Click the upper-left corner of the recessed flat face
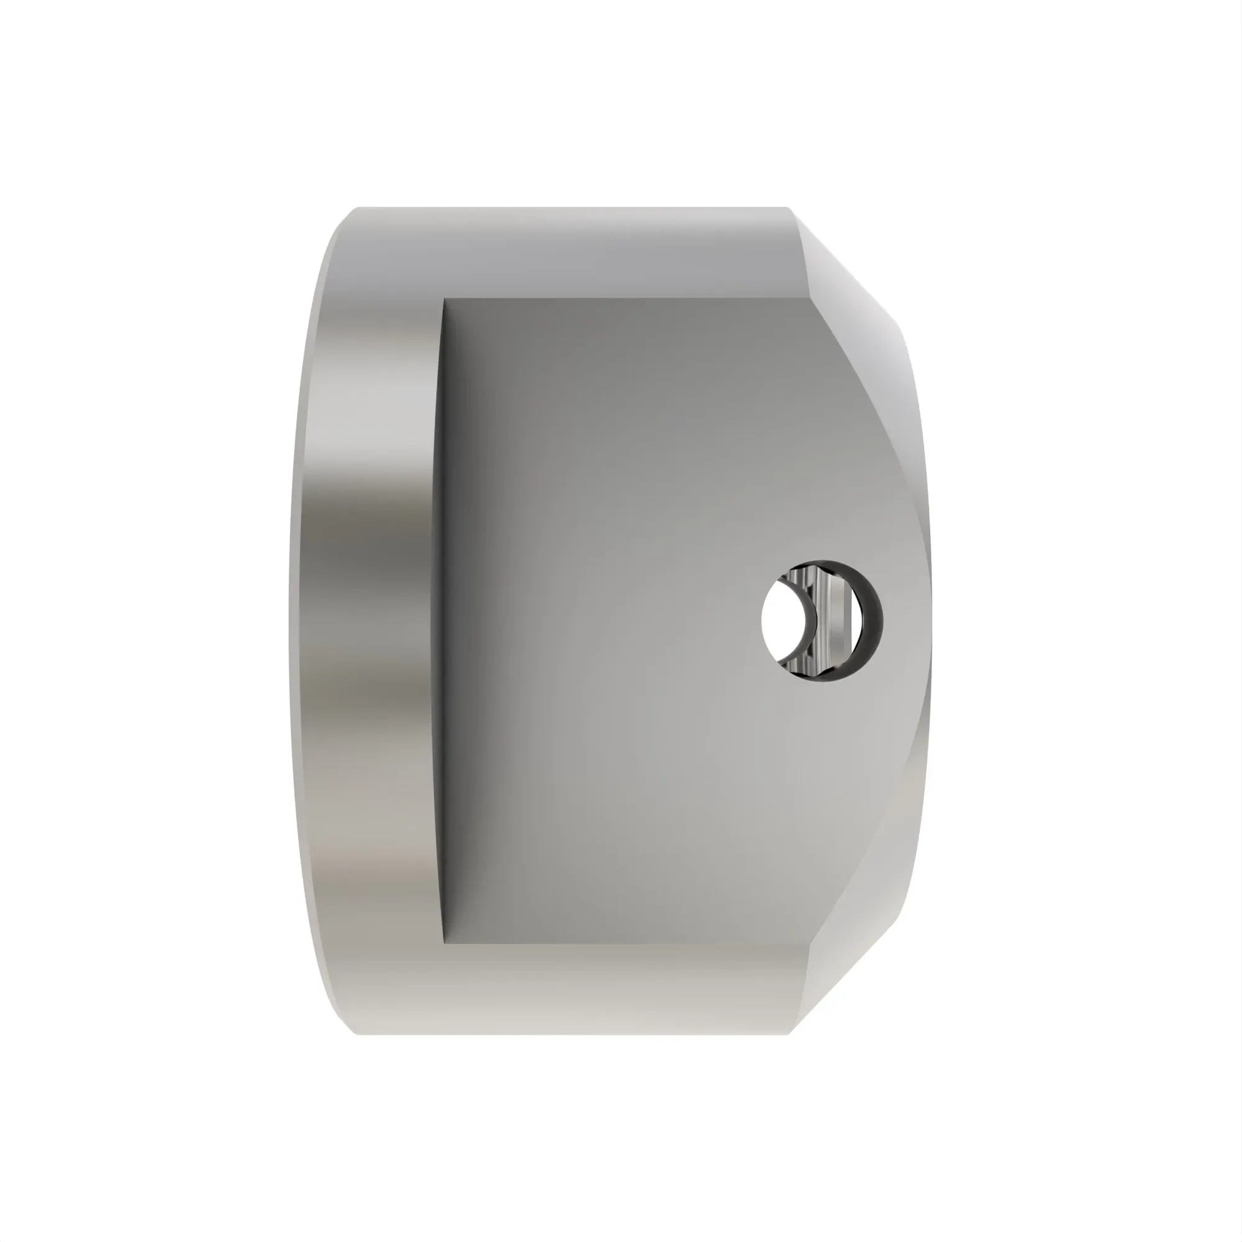(445, 300)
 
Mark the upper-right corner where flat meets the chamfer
(809, 299)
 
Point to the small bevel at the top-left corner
(344, 222)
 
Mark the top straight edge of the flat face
(623, 299)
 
